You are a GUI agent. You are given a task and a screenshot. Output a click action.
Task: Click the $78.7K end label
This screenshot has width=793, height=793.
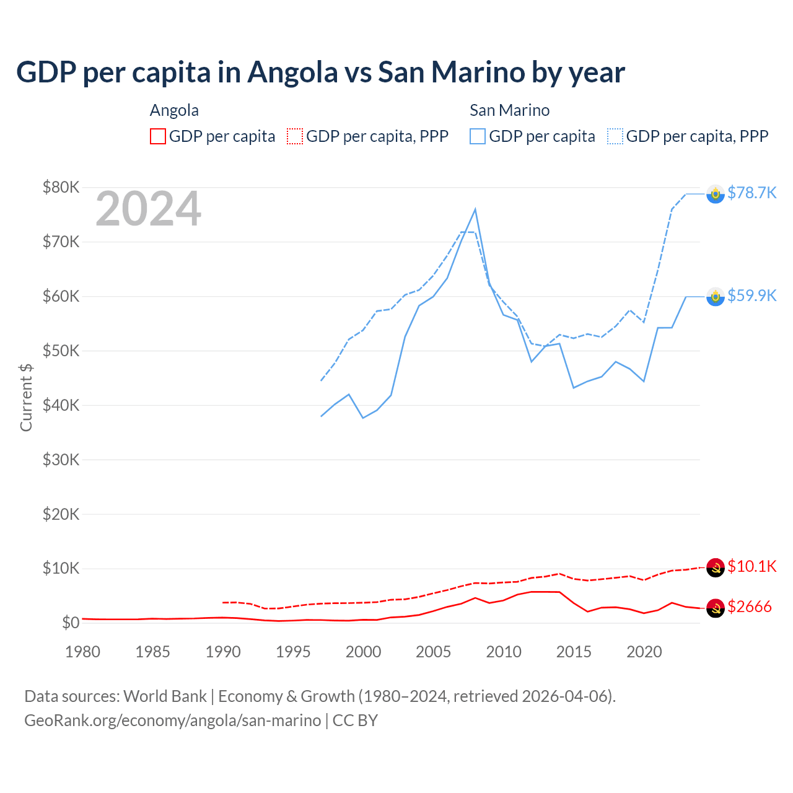click(751, 193)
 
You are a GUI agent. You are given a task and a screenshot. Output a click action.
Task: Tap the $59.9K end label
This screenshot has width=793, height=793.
click(751, 296)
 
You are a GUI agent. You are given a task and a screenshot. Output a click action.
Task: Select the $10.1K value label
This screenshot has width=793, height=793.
click(751, 566)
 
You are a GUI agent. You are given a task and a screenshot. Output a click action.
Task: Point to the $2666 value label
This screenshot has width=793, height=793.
click(749, 607)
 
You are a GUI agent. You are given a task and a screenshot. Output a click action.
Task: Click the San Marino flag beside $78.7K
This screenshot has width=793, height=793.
click(716, 194)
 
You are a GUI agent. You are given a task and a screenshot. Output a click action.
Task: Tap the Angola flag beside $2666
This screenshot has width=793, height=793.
click(716, 608)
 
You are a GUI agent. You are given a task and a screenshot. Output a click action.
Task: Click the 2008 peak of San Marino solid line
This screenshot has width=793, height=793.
click(475, 209)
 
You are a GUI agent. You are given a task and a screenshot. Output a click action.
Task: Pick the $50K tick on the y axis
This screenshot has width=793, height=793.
click(61, 351)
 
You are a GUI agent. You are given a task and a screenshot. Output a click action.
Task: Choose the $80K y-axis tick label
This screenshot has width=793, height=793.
click(61, 187)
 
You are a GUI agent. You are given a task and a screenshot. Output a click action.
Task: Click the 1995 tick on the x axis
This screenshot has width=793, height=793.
click(293, 652)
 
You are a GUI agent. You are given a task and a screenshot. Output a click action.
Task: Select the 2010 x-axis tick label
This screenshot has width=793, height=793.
click(504, 652)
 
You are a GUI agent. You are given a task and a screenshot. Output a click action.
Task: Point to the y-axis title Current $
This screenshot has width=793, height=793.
click(26, 398)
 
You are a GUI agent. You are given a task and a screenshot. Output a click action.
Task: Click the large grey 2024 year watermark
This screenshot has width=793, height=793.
click(148, 209)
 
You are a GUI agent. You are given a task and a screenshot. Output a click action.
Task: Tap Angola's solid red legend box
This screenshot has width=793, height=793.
click(158, 136)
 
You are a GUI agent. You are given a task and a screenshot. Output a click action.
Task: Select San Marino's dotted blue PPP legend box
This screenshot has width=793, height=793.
click(615, 136)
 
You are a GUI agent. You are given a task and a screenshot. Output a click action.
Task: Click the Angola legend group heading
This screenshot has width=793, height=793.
click(174, 110)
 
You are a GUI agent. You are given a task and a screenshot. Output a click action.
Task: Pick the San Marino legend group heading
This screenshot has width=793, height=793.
click(509, 110)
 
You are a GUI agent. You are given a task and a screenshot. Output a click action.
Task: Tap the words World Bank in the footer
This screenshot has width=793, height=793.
click(165, 696)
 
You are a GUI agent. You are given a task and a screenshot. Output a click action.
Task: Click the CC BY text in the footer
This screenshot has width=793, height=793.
click(355, 721)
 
